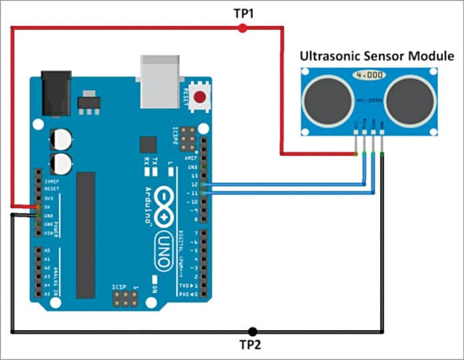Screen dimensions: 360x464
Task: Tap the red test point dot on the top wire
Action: coord(242,28)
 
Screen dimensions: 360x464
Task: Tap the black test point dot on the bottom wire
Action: coord(251,331)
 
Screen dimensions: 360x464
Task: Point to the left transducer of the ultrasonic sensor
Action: coord(325,100)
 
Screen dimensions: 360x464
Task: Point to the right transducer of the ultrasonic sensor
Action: coord(409,100)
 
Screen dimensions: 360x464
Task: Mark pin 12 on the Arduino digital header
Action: coord(203,184)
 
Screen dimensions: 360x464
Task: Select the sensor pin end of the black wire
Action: coord(381,154)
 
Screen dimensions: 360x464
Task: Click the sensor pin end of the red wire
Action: coord(357,154)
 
